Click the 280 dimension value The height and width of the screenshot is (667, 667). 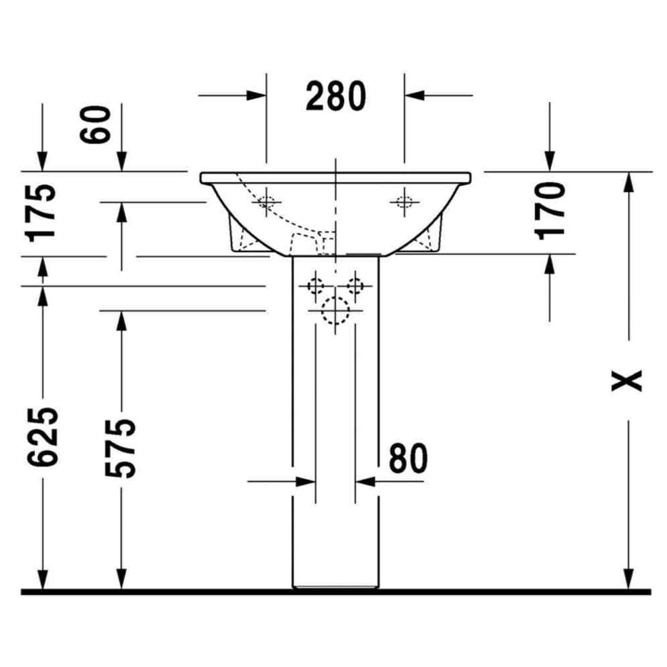pyautogui.click(x=336, y=96)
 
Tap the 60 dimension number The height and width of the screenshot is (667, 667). pyautogui.click(x=95, y=125)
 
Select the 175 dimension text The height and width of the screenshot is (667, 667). pyautogui.click(x=41, y=213)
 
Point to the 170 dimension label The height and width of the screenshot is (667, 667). pyautogui.click(x=550, y=211)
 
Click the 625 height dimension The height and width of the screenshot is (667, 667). pyautogui.click(x=42, y=436)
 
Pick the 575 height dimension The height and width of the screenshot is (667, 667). pyautogui.click(x=121, y=448)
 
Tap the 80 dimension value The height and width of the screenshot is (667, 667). pyautogui.click(x=408, y=458)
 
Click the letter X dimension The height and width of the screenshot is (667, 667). pyautogui.click(x=626, y=381)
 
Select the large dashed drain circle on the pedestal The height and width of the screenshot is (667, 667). pyautogui.click(x=336, y=311)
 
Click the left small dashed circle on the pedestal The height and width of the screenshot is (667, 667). pyautogui.click(x=315, y=286)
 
